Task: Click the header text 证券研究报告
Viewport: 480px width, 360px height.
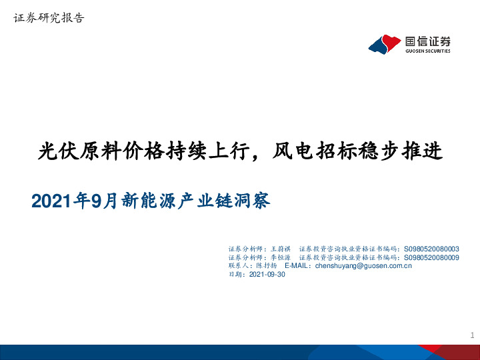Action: point(49,19)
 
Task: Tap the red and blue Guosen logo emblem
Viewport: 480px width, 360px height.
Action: point(385,44)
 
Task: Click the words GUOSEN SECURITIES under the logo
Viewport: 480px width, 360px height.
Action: point(427,51)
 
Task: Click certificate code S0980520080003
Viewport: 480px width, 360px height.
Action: point(431,249)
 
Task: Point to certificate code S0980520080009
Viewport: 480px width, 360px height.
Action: point(431,257)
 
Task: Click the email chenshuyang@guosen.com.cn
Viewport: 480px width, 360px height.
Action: point(363,265)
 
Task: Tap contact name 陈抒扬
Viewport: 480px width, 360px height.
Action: point(266,265)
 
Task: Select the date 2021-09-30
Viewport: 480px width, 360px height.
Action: point(266,274)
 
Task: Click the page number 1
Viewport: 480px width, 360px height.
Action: point(472,335)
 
